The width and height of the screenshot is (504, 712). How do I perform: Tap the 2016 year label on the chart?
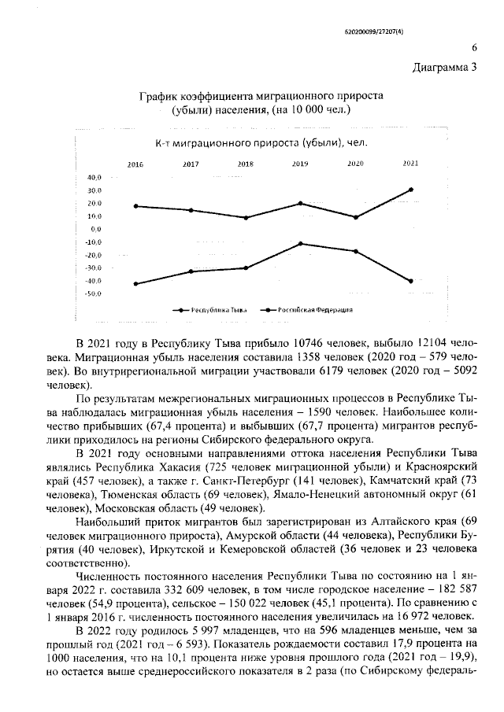point(135,164)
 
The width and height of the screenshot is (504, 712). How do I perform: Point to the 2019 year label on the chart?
point(300,164)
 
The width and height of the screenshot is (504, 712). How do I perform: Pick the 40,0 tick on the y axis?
point(94,178)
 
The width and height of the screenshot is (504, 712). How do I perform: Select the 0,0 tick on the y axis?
point(96,229)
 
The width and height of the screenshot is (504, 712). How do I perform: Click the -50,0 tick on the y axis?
point(94,293)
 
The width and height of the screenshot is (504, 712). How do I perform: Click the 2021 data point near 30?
point(410,190)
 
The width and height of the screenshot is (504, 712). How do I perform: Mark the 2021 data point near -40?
point(410,281)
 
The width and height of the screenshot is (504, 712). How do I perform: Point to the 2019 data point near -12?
point(300,244)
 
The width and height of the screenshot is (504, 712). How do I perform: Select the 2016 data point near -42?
point(135,284)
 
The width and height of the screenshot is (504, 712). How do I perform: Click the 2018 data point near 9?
point(246,218)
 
